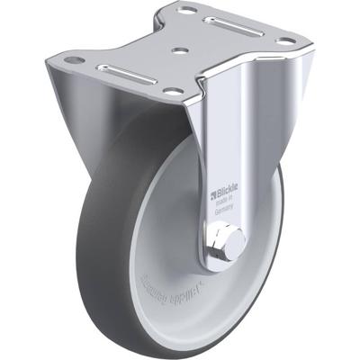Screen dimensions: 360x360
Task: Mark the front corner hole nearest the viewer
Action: [x=171, y=91]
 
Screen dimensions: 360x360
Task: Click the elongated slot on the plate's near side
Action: [x=126, y=70]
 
